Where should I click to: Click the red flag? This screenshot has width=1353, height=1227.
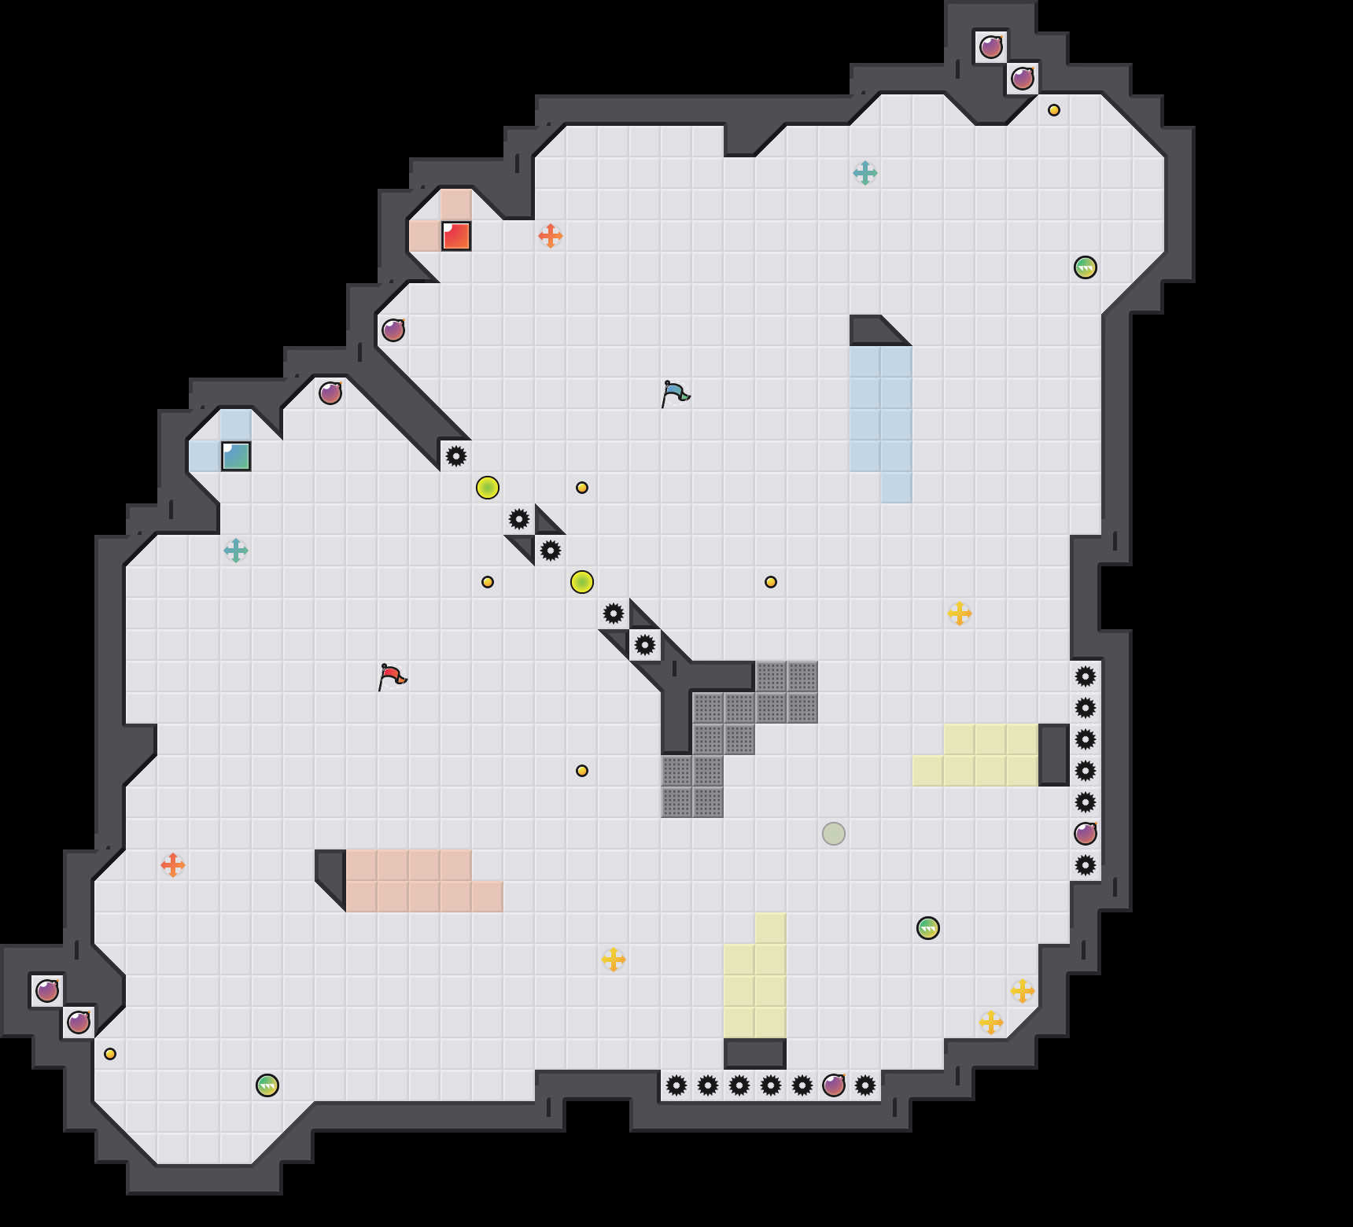[391, 676]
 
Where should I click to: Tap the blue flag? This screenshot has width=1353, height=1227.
[674, 392]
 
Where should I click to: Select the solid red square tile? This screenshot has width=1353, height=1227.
[456, 236]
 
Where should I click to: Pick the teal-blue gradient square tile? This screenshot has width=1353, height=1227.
[236, 456]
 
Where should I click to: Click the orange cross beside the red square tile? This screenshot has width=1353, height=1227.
[551, 235]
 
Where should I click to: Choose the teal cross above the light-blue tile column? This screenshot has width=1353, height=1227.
[865, 173]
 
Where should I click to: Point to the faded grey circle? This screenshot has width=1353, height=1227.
[834, 834]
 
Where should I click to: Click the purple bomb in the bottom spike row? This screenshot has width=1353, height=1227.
[834, 1085]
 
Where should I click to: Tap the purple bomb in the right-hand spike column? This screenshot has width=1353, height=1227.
[1086, 834]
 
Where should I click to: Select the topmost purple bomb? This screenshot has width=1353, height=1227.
[991, 47]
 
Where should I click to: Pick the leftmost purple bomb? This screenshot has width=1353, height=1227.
[47, 991]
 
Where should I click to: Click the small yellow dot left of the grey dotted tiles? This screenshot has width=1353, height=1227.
[582, 771]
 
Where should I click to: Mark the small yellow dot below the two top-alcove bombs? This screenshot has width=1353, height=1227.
[1054, 110]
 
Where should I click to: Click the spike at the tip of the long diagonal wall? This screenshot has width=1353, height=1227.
[456, 456]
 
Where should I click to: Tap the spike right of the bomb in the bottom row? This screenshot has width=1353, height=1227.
[865, 1085]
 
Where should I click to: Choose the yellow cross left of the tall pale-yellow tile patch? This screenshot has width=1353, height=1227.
[614, 960]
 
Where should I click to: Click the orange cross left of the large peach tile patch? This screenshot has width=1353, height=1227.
[173, 865]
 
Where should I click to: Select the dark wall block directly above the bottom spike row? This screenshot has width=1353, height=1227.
[755, 1054]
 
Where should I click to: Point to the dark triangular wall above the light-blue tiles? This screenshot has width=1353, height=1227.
[873, 330]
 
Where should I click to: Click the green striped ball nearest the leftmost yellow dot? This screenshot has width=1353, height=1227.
[267, 1085]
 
